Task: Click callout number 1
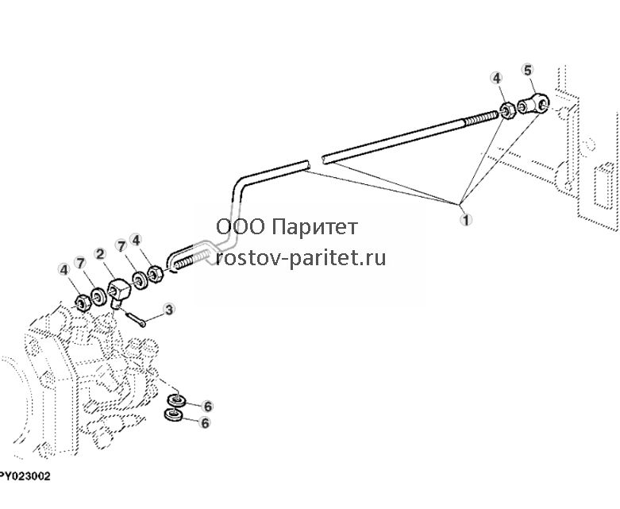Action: point(467,219)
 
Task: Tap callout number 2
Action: point(100,254)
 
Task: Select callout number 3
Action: point(169,309)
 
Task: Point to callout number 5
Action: point(528,70)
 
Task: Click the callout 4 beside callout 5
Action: point(497,78)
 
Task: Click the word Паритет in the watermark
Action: point(315,227)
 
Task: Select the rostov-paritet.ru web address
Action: point(302,258)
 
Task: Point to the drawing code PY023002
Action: point(25,476)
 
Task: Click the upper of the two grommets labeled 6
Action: point(177,401)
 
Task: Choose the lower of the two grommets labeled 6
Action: point(173,415)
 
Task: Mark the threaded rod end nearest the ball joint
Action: point(481,118)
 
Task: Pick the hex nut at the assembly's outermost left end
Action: point(83,303)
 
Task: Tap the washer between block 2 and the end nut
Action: point(98,297)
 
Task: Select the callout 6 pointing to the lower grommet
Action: point(205,422)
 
